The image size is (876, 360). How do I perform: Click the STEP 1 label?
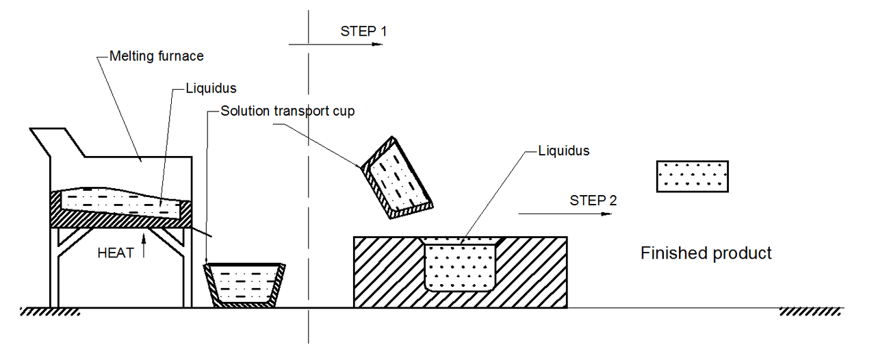click(363, 31)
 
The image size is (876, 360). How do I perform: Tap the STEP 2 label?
click(593, 201)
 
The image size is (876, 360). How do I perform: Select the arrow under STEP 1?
click(335, 44)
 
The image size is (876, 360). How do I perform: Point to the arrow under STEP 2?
click(565, 214)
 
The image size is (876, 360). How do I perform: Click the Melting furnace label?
click(157, 56)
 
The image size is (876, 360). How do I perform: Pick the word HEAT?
click(116, 253)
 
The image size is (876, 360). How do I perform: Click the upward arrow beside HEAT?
click(144, 245)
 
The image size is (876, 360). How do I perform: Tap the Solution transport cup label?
click(287, 111)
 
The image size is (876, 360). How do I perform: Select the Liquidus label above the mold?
click(563, 151)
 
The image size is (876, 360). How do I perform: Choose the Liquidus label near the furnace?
click(211, 88)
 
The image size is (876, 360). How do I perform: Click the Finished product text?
click(706, 253)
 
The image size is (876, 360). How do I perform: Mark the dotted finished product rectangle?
click(692, 177)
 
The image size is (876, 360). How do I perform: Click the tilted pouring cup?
click(396, 178)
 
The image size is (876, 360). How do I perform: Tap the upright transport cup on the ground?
click(244, 285)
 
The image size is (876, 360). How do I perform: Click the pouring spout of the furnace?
click(202, 231)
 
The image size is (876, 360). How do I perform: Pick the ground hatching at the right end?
click(810, 311)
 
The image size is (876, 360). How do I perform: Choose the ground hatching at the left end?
click(50, 311)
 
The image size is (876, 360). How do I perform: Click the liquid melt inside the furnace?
click(121, 203)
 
